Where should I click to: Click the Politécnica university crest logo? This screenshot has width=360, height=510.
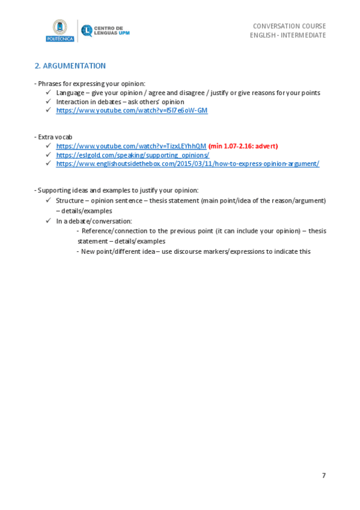point(59,30)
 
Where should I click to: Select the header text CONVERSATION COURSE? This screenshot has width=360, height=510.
point(289,26)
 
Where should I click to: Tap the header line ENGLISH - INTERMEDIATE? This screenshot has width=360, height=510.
point(288,35)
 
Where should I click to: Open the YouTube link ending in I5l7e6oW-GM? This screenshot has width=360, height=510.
point(132,111)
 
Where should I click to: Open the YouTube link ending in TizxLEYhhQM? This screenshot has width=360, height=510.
point(131,146)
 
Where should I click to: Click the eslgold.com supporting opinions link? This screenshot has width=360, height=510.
point(132,155)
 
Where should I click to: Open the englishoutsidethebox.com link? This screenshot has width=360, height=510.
point(188,164)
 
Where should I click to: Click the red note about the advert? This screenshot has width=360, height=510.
point(243,146)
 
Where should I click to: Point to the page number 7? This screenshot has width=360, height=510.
point(323,475)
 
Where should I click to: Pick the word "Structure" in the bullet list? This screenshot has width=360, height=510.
point(70,200)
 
